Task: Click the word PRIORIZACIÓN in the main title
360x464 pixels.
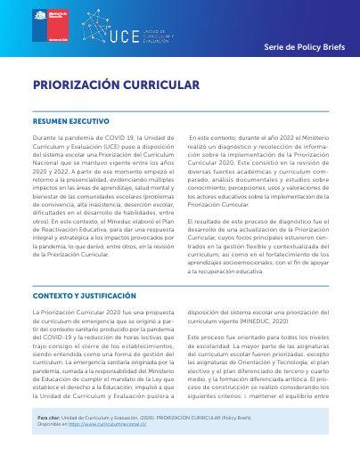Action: point(77,86)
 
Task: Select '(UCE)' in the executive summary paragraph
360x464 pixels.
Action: point(110,149)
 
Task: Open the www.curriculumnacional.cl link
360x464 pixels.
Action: point(118,425)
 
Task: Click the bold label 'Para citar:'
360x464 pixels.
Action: point(48,417)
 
